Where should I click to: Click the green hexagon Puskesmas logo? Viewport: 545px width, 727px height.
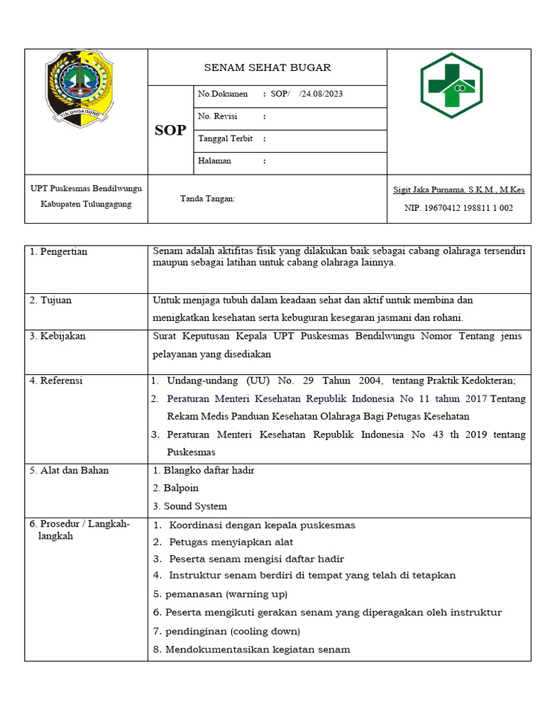[451, 85]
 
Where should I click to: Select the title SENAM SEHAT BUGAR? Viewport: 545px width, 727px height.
[267, 68]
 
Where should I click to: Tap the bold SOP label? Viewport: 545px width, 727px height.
[170, 131]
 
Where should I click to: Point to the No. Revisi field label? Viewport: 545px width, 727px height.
[218, 116]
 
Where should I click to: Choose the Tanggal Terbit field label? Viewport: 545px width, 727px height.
[226, 138]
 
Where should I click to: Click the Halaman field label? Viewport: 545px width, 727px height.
[215, 161]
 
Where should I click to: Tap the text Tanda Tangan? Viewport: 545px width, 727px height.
[207, 199]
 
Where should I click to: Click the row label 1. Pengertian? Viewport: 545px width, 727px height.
[59, 252]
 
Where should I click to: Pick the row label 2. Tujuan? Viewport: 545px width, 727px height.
[50, 300]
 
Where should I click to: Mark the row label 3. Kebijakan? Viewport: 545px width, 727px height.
[57, 336]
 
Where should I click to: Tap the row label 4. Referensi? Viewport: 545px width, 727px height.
[56, 381]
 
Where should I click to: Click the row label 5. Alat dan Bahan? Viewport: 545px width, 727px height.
[70, 470]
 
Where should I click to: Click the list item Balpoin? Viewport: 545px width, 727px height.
[181, 488]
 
